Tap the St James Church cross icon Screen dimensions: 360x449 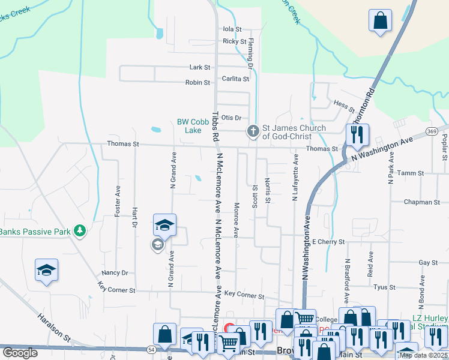pyautogui.click(x=253, y=131)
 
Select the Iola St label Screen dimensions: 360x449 pyautogui.click(x=232, y=29)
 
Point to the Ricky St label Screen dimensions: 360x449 pyautogui.click(x=234, y=41)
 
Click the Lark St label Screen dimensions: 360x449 pyautogui.click(x=200, y=68)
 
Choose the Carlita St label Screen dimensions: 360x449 pyautogui.click(x=237, y=79)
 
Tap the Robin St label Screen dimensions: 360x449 pyautogui.click(x=197, y=82)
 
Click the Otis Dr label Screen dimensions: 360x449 pyautogui.click(x=231, y=118)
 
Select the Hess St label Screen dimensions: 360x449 pyautogui.click(x=345, y=105)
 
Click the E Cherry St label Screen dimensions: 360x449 pyautogui.click(x=328, y=242)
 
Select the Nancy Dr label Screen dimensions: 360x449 pyautogui.click(x=115, y=272)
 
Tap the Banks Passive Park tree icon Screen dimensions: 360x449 pyautogui.click(x=79, y=231)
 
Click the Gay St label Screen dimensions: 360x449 pyautogui.click(x=428, y=263)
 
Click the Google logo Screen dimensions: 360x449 pyautogui.click(x=20, y=353)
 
